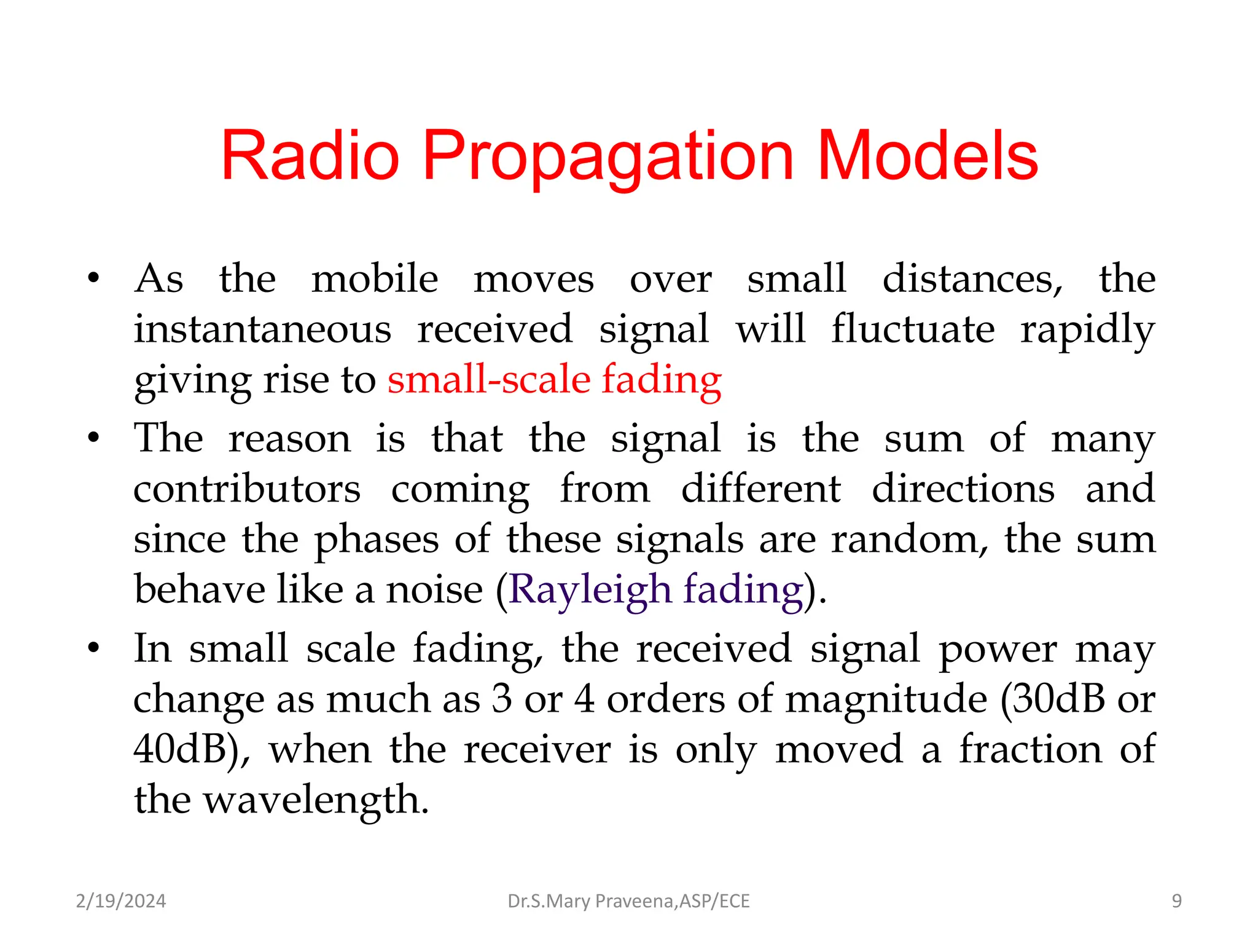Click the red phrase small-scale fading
[x=554, y=379]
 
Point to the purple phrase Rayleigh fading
[x=656, y=589]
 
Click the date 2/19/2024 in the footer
[x=121, y=901]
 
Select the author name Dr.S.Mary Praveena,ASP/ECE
[x=628, y=901]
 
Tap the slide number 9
[x=1176, y=901]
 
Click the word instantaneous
[x=262, y=329]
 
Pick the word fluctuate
[x=913, y=329]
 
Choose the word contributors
[x=247, y=489]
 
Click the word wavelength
[x=316, y=800]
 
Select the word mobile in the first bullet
[x=375, y=278]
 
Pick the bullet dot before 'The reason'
[x=93, y=439]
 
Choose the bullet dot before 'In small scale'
[x=93, y=648]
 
